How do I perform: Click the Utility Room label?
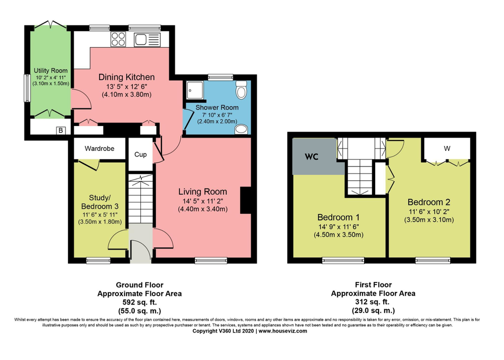pos(51,70)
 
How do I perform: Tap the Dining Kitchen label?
pos(127,77)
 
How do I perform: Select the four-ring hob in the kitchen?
pos(118,39)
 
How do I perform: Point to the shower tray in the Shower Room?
pos(195,89)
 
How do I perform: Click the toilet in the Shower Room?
pos(241,89)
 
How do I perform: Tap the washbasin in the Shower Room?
pos(241,129)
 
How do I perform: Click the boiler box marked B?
pos(60,130)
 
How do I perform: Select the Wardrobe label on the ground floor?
pos(99,148)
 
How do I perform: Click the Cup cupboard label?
pos(140,154)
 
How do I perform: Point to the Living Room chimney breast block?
pos(246,200)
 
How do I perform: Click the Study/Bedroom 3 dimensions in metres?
pos(100,221)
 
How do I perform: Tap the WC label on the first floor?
pos(312,156)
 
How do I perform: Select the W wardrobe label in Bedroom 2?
pos(447,148)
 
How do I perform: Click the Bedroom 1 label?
pos(339,217)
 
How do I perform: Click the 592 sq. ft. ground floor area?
pos(140,302)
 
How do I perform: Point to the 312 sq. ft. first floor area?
pos(373,302)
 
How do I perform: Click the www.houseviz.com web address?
pos(283,331)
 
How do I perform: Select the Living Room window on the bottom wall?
pos(211,260)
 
